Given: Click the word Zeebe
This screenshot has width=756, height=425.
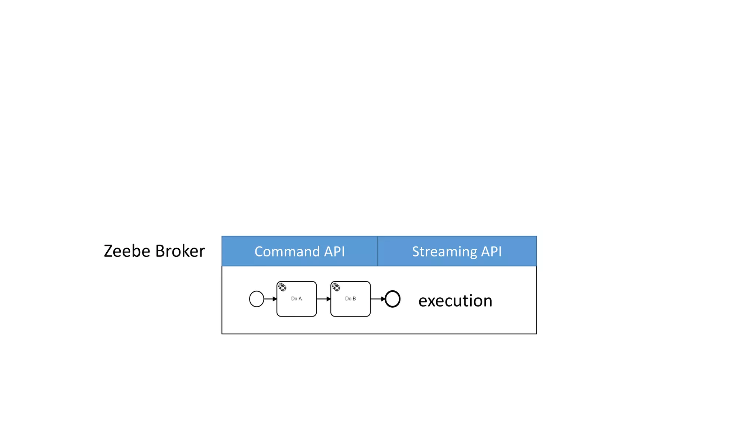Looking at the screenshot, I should tap(127, 251).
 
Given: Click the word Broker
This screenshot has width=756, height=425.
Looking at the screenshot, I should tap(180, 251).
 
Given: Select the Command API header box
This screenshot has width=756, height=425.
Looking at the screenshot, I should tap(300, 251).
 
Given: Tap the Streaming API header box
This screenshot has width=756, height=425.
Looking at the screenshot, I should tap(457, 251).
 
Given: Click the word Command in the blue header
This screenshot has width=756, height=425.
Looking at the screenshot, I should tap(287, 252).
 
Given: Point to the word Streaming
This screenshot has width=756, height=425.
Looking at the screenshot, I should tap(444, 252).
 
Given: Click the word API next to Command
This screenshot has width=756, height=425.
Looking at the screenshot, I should tap(334, 252).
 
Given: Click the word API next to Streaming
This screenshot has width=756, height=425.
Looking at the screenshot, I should tap(491, 252).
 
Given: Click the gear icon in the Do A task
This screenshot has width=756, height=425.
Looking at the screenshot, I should tap(282, 287).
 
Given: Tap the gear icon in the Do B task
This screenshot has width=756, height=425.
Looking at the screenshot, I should tap(336, 287).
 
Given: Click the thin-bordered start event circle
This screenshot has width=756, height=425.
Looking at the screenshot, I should tap(257, 299).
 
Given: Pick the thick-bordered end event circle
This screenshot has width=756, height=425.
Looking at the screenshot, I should tap(392, 299).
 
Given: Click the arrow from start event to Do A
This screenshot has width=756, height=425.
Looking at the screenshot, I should tap(270, 299).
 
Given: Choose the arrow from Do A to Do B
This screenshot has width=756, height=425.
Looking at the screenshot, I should tap(324, 299).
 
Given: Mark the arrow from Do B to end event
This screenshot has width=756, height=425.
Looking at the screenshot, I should tap(378, 299).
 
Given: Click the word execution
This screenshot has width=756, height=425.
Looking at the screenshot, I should tap(455, 301).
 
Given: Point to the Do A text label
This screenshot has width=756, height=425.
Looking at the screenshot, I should tap(296, 299).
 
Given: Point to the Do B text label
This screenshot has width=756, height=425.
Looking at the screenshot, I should tap(350, 299).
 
